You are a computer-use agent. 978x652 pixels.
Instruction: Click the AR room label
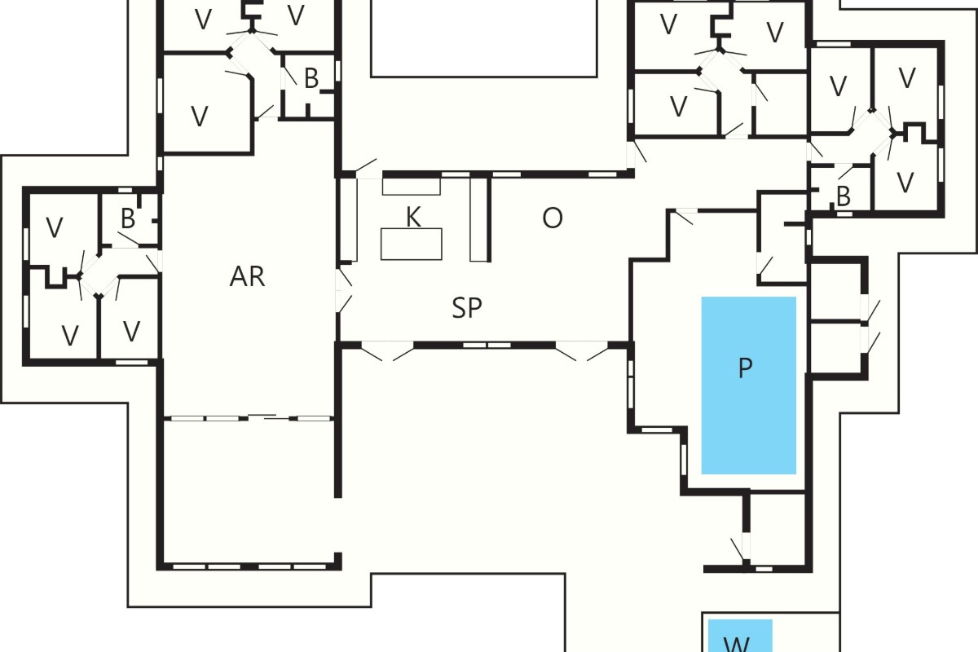coord(247,276)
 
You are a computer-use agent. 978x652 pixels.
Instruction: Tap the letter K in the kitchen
coord(413,217)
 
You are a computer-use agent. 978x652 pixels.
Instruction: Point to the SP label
coord(467,307)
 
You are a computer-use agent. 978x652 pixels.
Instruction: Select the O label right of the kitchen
coord(553,218)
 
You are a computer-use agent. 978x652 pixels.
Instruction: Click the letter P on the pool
coord(745,368)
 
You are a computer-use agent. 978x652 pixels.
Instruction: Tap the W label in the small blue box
coord(737,644)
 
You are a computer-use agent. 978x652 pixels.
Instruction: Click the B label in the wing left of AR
coord(127,218)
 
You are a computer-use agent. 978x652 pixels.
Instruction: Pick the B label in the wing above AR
coord(311,78)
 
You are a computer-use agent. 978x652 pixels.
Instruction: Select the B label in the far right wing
coord(844,196)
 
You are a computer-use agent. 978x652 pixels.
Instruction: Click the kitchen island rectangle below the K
coord(412,244)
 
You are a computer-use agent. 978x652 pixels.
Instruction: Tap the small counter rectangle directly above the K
coord(412,186)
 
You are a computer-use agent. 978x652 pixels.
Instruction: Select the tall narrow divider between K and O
coord(479,219)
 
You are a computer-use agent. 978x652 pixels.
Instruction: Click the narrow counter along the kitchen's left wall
coord(350,220)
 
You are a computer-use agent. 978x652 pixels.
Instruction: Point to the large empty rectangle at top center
coord(484,38)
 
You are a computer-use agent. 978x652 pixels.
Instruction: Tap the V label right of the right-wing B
coord(905,183)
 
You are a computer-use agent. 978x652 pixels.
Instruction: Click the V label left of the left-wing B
coord(54,227)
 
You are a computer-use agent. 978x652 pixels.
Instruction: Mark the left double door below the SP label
coord(388,350)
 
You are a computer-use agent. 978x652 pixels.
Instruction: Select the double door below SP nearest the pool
coord(582,350)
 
